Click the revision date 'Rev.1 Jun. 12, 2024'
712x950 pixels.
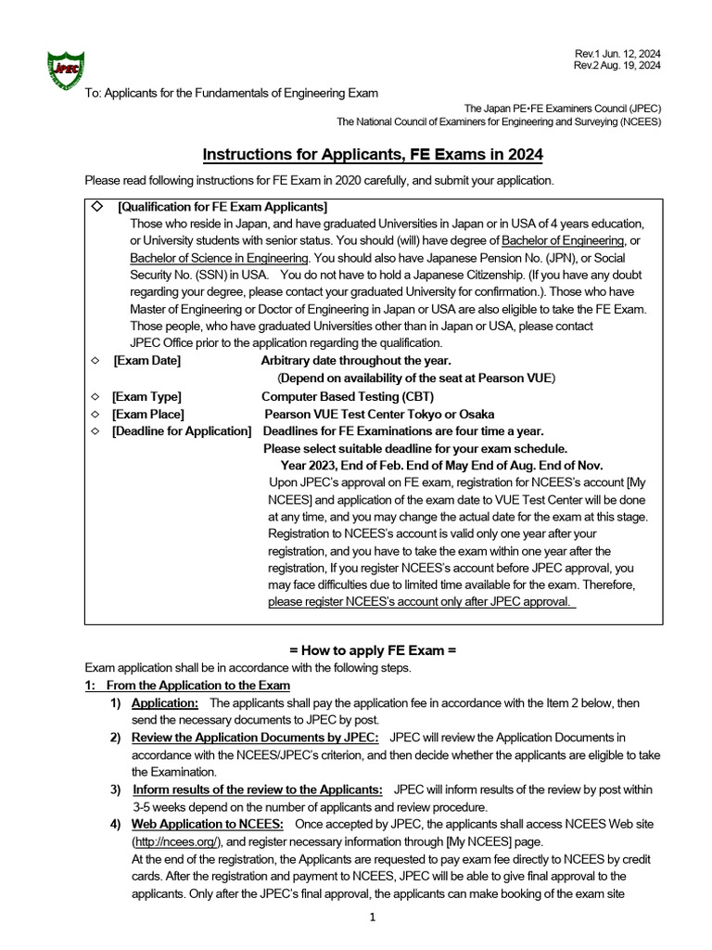pos(617,53)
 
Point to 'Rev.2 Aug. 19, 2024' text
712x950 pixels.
pos(617,66)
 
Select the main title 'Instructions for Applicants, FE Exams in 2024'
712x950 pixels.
pos(373,154)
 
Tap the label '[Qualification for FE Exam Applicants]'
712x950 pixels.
pos(222,207)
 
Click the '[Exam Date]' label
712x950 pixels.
pos(146,360)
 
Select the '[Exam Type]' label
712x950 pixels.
pos(146,396)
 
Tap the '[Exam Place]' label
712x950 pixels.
pos(148,414)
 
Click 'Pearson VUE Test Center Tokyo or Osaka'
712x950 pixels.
pos(379,414)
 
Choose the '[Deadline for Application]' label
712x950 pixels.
pos(182,431)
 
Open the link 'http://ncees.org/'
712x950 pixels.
pos(178,841)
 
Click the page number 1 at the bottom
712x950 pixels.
pos(372,918)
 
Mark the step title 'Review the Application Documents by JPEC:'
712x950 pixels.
pos(255,738)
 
